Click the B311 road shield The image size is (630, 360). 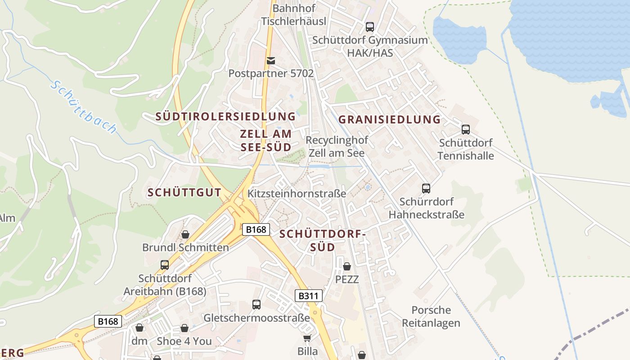tap(309, 296)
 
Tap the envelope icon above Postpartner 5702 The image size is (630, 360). tap(271, 60)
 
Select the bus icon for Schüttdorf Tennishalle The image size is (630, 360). tap(466, 130)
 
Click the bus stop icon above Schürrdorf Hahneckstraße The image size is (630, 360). tap(426, 189)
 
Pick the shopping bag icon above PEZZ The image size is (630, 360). tap(347, 266)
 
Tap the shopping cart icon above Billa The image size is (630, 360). tap(307, 338)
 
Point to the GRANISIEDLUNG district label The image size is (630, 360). tap(389, 120)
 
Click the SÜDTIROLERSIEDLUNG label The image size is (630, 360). tap(225, 117)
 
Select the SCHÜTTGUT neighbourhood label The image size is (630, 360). tap(184, 193)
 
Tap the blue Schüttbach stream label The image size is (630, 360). tap(83, 107)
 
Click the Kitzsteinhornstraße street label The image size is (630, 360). tap(297, 193)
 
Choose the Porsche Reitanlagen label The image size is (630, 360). tap(431, 316)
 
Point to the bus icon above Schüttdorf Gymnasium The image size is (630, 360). tap(370, 27)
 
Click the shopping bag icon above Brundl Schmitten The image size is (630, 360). tap(185, 234)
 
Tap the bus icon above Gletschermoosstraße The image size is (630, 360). tap(256, 305)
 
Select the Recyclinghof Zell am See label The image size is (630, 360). tap(337, 146)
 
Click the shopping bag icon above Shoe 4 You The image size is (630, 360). tap(184, 328)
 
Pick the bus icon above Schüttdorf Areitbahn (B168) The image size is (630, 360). tap(165, 265)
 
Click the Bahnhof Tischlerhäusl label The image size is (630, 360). tap(294, 14)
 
